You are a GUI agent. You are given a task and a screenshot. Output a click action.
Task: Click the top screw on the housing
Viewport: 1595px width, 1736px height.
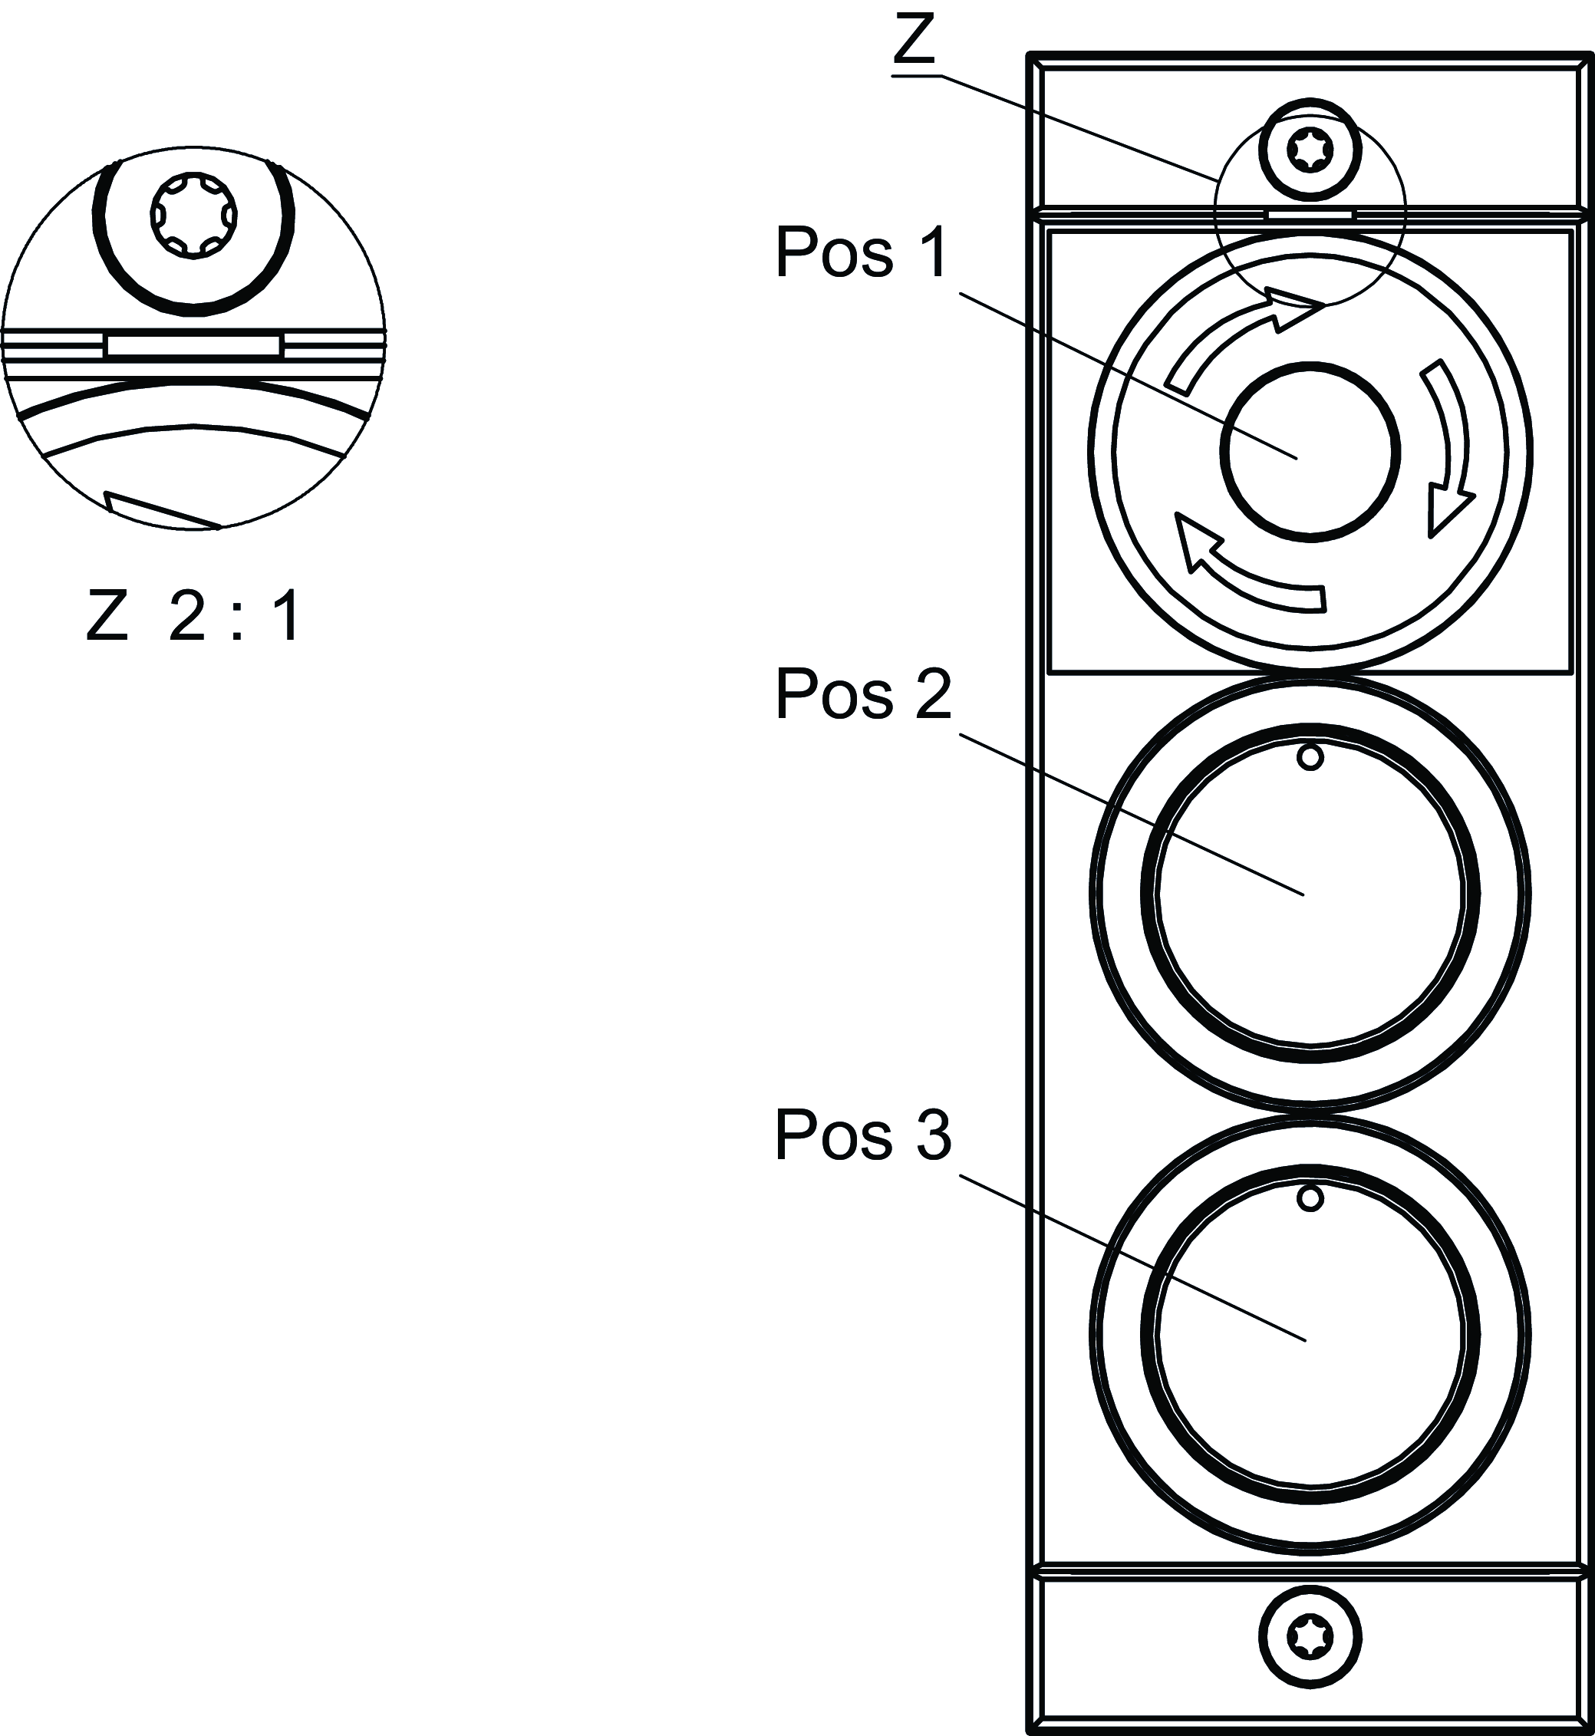point(1310,152)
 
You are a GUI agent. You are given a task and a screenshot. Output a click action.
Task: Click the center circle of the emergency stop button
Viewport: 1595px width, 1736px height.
point(1310,451)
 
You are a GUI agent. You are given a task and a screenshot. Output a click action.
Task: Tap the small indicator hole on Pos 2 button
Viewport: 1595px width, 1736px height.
point(1310,758)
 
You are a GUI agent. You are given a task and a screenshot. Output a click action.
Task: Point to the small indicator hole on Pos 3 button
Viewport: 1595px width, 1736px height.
point(1310,1198)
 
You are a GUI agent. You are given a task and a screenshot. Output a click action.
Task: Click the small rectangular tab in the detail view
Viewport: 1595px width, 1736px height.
point(193,347)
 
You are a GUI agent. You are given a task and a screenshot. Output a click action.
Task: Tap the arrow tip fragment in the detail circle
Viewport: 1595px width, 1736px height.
point(160,511)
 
